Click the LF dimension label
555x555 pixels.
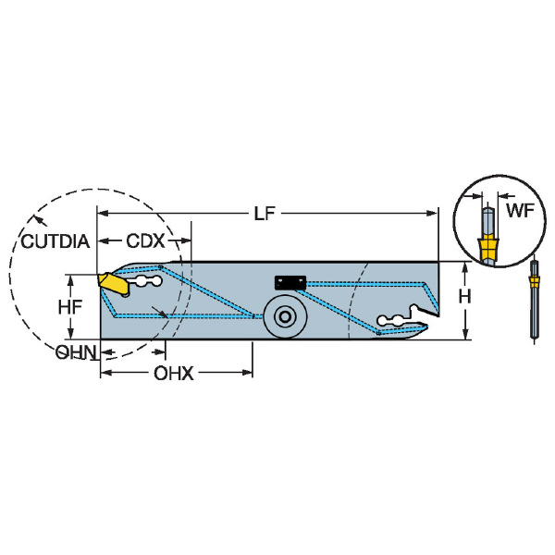click(265, 214)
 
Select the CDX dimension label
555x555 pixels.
click(145, 241)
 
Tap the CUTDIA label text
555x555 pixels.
click(55, 241)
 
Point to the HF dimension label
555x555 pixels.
click(70, 307)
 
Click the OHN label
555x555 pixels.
click(76, 352)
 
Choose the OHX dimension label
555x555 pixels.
click(174, 373)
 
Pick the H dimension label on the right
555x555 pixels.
click(464, 296)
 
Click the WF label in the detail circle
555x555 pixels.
click(520, 211)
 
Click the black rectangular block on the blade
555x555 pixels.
click(290, 283)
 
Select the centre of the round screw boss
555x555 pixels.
click(285, 316)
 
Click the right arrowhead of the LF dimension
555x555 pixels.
click(433, 213)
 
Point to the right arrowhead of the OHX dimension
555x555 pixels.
click(247, 373)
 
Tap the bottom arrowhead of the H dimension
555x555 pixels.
click(465, 334)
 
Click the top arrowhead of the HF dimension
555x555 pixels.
click(71, 280)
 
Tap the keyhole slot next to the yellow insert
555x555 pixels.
click(145, 281)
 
